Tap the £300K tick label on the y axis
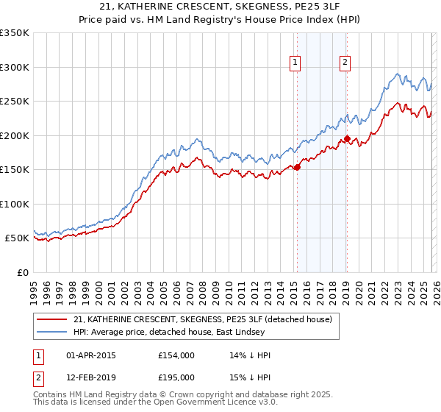click(x=15, y=67)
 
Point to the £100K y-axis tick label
click(x=15, y=204)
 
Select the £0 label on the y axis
click(x=22, y=272)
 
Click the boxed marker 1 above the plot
click(x=295, y=63)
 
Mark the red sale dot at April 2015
click(x=297, y=167)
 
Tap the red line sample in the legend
click(x=51, y=319)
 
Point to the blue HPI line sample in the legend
click(x=51, y=332)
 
